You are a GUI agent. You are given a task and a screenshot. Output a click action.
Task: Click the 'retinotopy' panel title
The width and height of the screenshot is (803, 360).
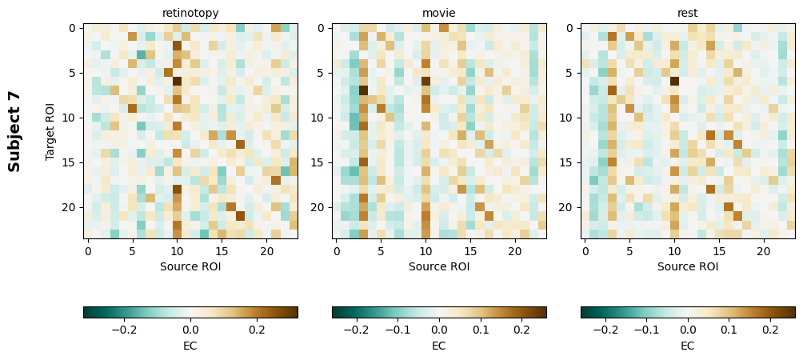190,13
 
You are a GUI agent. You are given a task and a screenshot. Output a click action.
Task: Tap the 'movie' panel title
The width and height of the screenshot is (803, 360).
439,13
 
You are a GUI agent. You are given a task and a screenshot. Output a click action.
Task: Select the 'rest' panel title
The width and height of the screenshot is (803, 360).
688,13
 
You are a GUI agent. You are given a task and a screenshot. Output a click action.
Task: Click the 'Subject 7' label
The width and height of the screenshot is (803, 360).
14,131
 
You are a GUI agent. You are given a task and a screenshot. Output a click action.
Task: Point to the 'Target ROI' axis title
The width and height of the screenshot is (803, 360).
51,131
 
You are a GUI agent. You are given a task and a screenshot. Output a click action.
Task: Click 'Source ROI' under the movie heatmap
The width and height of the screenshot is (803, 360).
439,266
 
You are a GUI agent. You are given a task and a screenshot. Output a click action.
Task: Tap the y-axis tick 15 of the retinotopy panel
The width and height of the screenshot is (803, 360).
72,162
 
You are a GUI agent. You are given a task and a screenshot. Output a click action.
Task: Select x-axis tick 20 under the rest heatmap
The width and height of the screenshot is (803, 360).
763,251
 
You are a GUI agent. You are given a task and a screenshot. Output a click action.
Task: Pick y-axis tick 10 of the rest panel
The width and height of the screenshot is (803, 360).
569,118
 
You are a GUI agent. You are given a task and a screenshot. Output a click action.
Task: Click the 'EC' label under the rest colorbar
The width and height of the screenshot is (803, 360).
688,346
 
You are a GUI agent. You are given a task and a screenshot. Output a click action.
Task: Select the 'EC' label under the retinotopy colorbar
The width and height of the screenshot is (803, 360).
190,346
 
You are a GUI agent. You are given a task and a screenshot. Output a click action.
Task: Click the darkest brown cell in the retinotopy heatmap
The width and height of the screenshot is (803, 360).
178,81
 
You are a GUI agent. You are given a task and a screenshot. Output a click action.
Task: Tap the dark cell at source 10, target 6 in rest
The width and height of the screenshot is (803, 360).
674,81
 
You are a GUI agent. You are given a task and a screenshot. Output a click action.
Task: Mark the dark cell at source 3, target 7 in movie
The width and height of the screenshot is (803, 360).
363,90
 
